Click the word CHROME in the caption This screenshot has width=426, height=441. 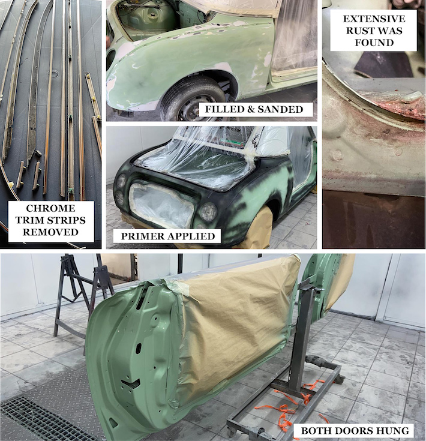50,208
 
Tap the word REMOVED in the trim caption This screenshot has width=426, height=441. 50,232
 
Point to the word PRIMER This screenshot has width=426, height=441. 141,236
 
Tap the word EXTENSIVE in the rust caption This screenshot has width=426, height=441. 374,19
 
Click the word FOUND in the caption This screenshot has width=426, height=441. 374,43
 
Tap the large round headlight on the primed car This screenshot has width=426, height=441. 208,211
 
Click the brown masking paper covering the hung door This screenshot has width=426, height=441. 236,318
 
